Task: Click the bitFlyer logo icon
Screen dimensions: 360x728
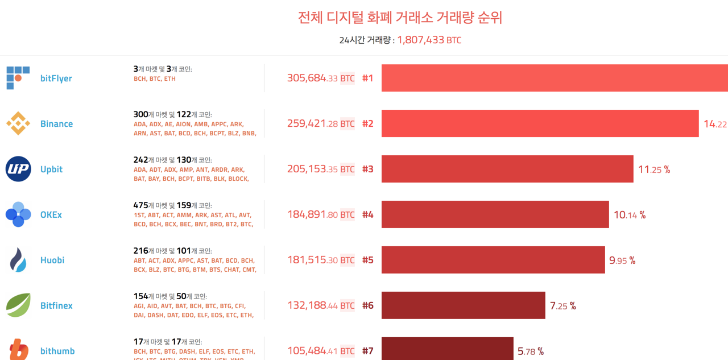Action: point(18,78)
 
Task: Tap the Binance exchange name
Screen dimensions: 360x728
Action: point(56,123)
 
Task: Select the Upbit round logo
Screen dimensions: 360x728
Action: point(18,169)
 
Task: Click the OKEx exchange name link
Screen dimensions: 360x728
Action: point(51,214)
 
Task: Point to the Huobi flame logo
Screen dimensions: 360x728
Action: point(18,260)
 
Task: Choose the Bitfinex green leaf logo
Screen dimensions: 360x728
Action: point(18,305)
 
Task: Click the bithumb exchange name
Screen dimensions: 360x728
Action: point(57,351)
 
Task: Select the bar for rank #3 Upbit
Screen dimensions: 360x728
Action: point(507,169)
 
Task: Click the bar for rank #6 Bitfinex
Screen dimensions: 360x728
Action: point(463,305)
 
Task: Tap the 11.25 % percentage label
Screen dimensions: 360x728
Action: point(654,169)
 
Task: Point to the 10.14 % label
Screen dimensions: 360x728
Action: point(630,215)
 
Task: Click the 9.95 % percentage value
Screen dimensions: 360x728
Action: point(622,260)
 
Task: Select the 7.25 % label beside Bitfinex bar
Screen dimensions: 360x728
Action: point(563,306)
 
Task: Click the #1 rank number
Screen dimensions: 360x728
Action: point(368,78)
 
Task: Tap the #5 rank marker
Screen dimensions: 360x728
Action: point(368,260)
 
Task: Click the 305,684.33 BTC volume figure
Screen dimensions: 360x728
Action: point(320,78)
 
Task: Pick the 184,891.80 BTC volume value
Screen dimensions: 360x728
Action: point(320,214)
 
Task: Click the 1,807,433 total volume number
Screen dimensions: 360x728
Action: point(420,40)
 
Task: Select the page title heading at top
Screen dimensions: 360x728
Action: point(400,18)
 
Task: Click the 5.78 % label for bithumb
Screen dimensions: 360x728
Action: point(531,351)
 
